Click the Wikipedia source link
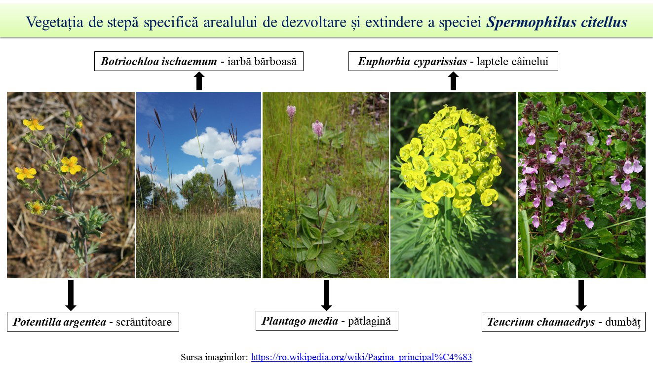(x=361, y=357)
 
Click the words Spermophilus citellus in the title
(x=557, y=22)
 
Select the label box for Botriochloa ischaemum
(x=199, y=61)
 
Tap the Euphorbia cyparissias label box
(x=453, y=61)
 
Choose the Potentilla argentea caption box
(x=93, y=322)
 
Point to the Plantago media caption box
(x=327, y=321)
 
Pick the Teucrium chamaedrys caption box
(x=564, y=322)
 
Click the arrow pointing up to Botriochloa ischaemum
(x=199, y=81)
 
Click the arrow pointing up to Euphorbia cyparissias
(x=453, y=81)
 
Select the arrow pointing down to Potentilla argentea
(x=71, y=295)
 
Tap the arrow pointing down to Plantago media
(x=327, y=295)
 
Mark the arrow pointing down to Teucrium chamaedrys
(x=581, y=295)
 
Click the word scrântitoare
(x=144, y=322)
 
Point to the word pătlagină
(x=369, y=321)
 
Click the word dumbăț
(x=623, y=322)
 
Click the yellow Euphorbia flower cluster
(x=451, y=160)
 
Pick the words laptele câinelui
(x=512, y=61)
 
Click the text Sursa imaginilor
(x=214, y=357)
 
